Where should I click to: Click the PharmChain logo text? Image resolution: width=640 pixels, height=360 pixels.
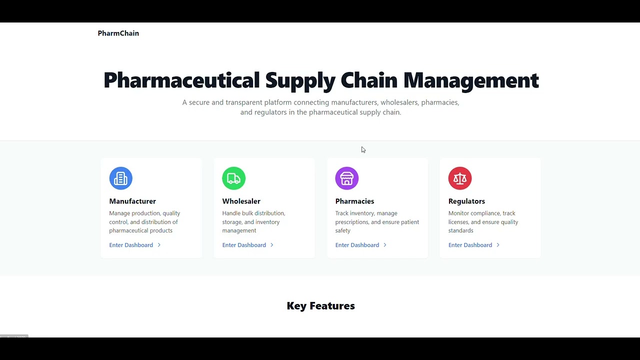[x=118, y=33]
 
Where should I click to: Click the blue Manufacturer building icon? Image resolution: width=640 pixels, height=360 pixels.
[x=120, y=178]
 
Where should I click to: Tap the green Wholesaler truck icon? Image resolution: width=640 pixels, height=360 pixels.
[x=233, y=178]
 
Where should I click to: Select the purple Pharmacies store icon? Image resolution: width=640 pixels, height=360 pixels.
[x=346, y=178]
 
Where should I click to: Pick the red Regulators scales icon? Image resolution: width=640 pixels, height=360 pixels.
[x=459, y=178]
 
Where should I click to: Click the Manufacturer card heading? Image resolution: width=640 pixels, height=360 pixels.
[x=132, y=201]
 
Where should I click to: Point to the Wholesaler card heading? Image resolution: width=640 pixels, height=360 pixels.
[x=241, y=201]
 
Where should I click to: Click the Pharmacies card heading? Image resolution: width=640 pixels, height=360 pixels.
[x=354, y=201]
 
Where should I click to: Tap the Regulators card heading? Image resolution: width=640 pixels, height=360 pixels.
[x=466, y=201]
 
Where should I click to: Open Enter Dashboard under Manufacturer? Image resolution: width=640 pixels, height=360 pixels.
[x=131, y=245]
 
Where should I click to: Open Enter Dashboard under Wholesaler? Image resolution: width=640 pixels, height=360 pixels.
[x=244, y=245]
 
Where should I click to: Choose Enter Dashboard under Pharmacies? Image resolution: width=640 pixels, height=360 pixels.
[x=357, y=245]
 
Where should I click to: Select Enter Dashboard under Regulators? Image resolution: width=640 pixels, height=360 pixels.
[x=470, y=245]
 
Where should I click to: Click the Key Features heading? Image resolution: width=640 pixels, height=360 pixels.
[x=320, y=306]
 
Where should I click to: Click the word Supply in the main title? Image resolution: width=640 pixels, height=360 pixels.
[x=300, y=80]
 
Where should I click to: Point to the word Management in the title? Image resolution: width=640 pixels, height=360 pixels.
[x=471, y=80]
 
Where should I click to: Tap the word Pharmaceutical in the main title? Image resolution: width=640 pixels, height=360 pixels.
[x=181, y=80]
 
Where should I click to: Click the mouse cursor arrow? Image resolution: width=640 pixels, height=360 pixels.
[x=363, y=149]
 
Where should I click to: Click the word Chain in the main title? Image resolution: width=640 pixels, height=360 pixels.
[x=369, y=80]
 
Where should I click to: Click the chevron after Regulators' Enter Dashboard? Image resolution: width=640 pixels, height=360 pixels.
[x=497, y=245]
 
